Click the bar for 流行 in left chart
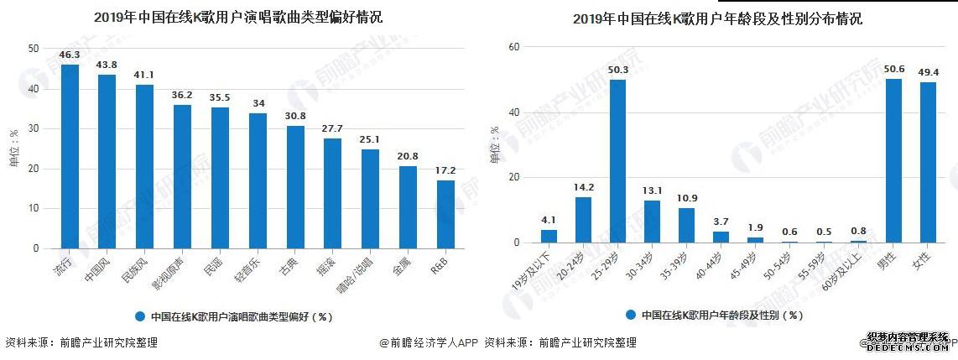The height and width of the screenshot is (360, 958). (x=70, y=157)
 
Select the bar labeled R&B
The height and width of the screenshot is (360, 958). (x=445, y=215)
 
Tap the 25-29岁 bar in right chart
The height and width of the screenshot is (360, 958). (x=617, y=161)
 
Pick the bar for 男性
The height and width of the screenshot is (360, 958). (x=893, y=161)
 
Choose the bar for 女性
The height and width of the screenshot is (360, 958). (x=928, y=163)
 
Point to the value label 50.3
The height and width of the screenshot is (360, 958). (x=617, y=70)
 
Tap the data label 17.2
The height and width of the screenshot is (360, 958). (x=445, y=171)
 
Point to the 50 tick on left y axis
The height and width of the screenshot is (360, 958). (x=33, y=49)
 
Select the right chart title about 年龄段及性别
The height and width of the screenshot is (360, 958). (x=717, y=18)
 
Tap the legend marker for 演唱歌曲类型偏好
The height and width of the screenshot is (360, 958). (x=140, y=317)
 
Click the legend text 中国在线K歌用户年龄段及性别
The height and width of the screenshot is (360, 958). (x=722, y=316)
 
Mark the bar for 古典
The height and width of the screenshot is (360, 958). (x=295, y=187)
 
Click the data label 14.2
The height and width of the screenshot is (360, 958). (x=583, y=188)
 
